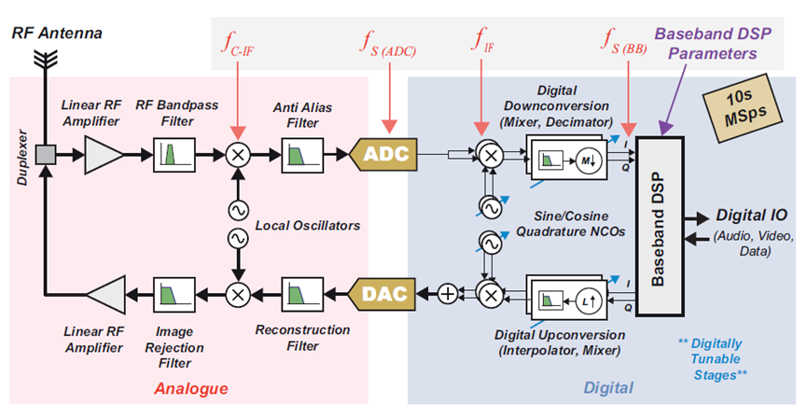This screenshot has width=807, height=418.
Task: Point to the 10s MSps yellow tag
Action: pyautogui.click(x=734, y=111)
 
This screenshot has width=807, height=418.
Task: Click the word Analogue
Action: pyautogui.click(x=190, y=387)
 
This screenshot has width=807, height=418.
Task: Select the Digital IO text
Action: pyautogui.click(x=751, y=216)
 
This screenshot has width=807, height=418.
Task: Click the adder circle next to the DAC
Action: pyautogui.click(x=449, y=294)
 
